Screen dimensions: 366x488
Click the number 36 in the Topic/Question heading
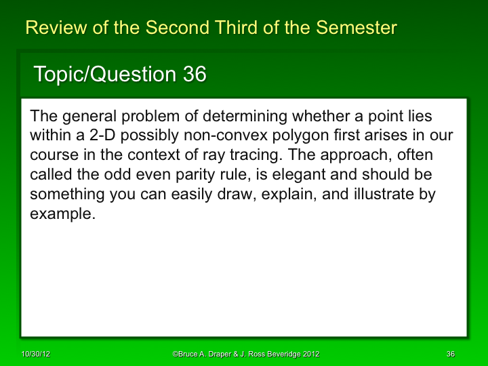tap(195, 74)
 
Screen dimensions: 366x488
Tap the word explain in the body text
tap(268, 195)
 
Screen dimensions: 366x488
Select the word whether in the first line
tap(315, 116)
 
